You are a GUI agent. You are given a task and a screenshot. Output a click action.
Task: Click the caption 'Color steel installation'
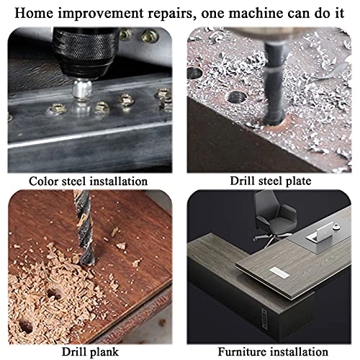pyautogui.click(x=89, y=181)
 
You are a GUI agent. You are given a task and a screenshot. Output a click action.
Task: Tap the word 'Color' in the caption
pyautogui.click(x=44, y=181)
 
